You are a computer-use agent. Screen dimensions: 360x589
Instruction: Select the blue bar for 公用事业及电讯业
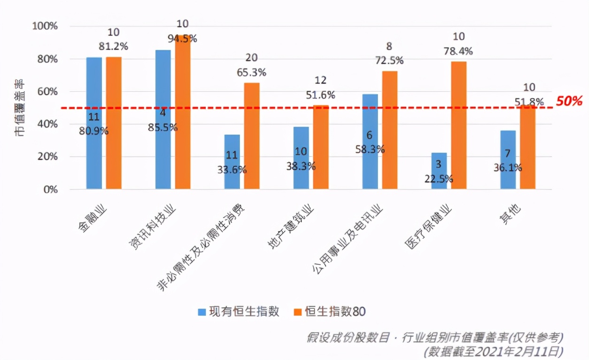coord(370,141)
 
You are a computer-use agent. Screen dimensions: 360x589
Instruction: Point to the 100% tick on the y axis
coord(45,26)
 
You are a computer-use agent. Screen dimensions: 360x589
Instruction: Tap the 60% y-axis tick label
coord(46,92)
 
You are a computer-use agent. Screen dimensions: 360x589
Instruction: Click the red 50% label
coord(569,101)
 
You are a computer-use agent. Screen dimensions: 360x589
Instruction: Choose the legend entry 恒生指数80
coord(330,311)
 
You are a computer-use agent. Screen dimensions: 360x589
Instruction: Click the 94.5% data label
coord(182,39)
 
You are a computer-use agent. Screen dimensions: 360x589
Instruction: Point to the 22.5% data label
coord(439,179)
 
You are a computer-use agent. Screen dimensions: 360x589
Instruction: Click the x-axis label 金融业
coord(93,219)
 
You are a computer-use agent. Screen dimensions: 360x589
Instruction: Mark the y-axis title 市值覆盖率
coord(20,108)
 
